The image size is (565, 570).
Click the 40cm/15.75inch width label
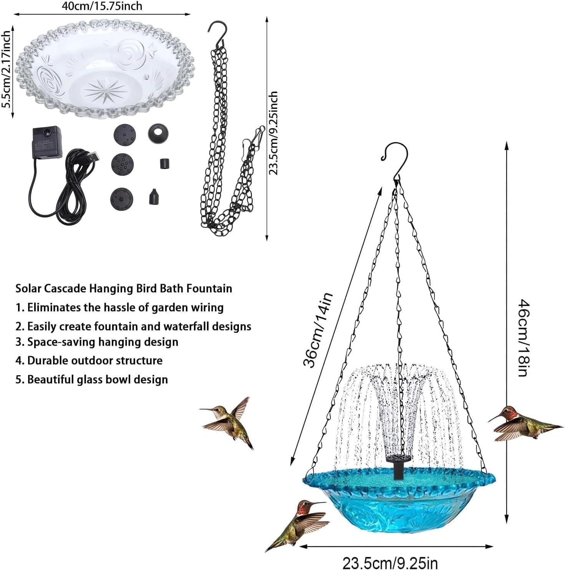tap(102, 6)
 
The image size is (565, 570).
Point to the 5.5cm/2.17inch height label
tap(6, 70)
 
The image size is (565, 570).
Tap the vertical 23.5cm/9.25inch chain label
tap(273, 133)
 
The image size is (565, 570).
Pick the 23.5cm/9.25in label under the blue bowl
tap(390, 563)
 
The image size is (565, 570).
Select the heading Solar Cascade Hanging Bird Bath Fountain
tap(124, 288)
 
